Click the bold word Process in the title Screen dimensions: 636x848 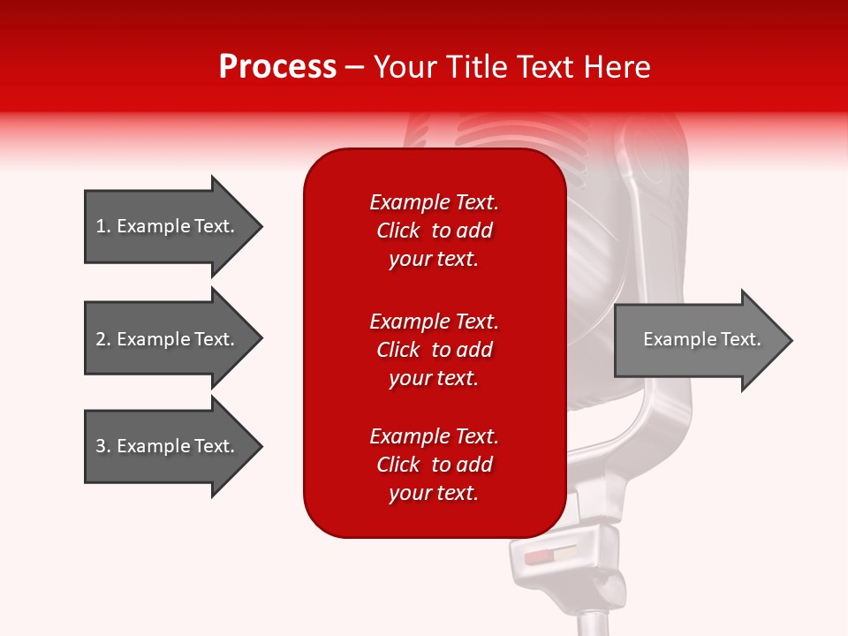pos(277,67)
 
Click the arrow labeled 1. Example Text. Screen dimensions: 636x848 pos(165,226)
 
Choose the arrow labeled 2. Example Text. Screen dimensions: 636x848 pos(165,339)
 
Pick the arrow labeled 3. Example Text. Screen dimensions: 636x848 pos(165,446)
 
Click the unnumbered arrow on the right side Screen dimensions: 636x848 pos(701,339)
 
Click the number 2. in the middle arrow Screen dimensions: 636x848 pos(102,339)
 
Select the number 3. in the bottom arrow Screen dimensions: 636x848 pos(102,446)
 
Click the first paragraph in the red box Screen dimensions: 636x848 pos(434,231)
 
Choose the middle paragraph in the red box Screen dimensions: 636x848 pos(434,350)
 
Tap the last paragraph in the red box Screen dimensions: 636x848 pos(434,465)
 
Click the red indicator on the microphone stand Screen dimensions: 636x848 pos(537,558)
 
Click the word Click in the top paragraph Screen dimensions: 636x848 pos(398,231)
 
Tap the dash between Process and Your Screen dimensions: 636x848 pos(355,67)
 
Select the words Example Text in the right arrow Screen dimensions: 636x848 pos(701,339)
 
